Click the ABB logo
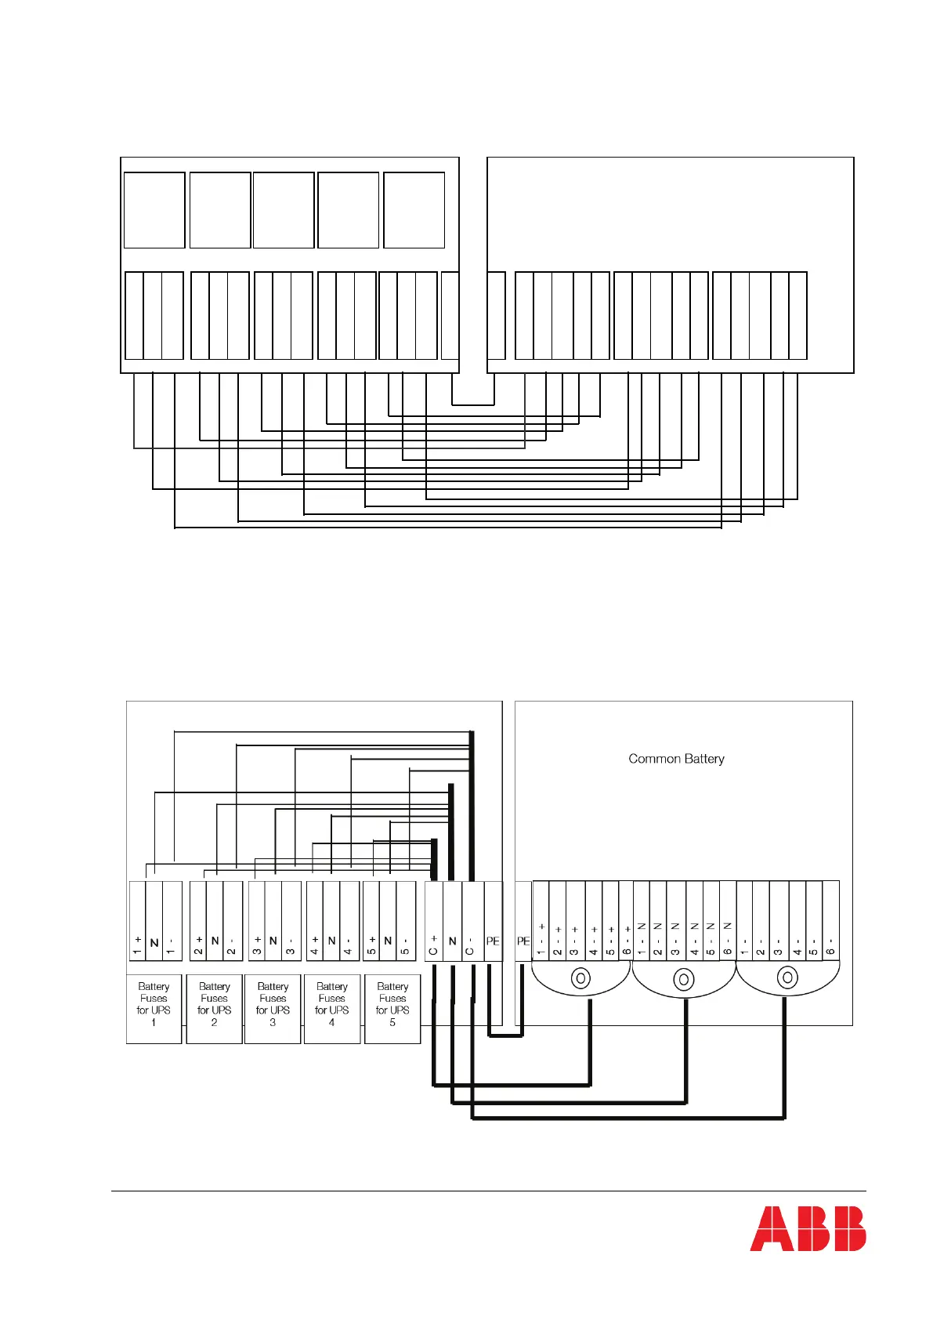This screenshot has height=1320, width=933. [808, 1228]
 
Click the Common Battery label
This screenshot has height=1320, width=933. [676, 759]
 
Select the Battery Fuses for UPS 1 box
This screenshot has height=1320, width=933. [154, 1008]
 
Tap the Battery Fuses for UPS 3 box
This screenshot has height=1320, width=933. [273, 1008]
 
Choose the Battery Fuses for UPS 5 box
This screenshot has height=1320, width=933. [392, 1008]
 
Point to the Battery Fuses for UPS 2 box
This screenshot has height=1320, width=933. [214, 1008]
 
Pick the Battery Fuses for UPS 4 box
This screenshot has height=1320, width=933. [331, 1008]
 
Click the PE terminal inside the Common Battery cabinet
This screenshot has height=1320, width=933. [523, 922]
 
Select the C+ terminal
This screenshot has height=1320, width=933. [433, 922]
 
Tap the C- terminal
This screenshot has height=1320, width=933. [471, 922]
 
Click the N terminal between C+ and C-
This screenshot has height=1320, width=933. [452, 922]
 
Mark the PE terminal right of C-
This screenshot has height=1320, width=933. [493, 922]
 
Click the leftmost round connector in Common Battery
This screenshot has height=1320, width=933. [581, 978]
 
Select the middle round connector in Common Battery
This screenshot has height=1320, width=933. [684, 979]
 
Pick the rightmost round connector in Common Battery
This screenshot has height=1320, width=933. [787, 978]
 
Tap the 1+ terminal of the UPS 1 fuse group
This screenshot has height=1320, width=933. [137, 922]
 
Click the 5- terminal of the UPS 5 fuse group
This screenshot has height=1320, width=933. [405, 922]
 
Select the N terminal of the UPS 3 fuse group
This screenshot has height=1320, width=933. [273, 922]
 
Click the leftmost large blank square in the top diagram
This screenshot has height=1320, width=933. [154, 210]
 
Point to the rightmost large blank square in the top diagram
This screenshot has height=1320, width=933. [414, 210]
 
